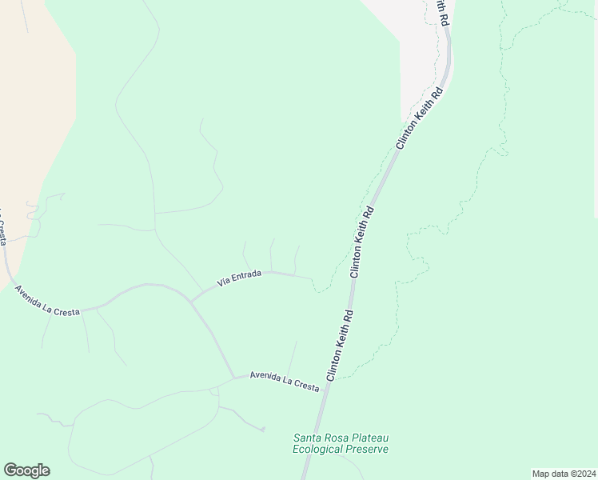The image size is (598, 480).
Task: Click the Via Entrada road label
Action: tap(240, 278)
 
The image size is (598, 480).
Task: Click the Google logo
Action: tap(26, 470)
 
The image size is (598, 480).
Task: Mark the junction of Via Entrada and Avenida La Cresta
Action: tap(190, 301)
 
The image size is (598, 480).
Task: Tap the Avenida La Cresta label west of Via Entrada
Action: tap(47, 300)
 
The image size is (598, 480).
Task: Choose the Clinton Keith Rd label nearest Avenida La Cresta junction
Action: tap(339, 346)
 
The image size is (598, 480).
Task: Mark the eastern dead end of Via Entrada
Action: tap(311, 278)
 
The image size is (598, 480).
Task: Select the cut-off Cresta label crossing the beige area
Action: tap(4, 228)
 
